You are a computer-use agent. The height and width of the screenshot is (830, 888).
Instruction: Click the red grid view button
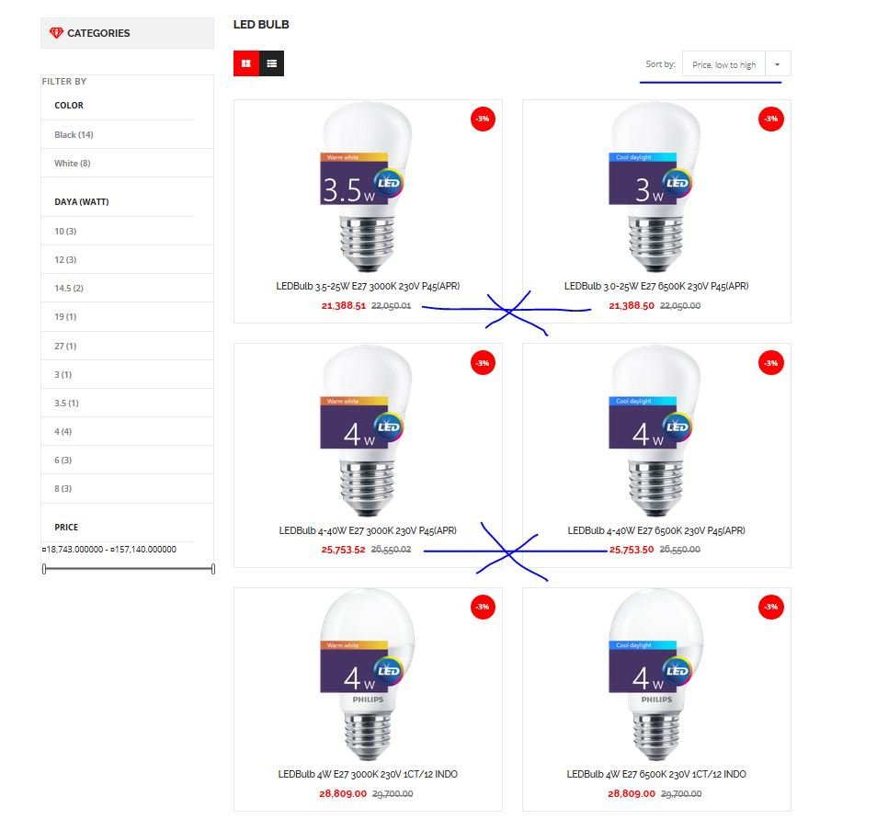point(246,63)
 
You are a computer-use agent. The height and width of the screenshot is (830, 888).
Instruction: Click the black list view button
point(272,63)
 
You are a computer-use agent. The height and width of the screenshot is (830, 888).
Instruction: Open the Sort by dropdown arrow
point(778,64)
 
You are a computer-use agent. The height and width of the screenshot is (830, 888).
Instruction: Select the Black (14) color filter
point(74,135)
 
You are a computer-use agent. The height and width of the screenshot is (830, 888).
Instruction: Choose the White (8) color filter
point(73,163)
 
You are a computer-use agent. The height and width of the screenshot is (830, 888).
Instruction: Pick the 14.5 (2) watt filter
point(69,289)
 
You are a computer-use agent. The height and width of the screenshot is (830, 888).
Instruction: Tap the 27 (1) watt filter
point(65,346)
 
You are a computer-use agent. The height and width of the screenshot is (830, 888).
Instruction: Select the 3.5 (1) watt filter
point(66,404)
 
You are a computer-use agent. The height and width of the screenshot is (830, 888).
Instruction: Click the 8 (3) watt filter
point(63,489)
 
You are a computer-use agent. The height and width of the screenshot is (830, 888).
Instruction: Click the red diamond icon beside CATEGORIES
point(56,33)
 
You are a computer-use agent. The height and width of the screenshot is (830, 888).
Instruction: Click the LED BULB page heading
point(261,24)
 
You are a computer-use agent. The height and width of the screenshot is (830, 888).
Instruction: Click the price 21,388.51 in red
point(344,306)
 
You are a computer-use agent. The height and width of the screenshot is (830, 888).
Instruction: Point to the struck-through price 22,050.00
point(680,306)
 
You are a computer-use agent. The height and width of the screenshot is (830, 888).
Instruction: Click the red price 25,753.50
point(632,549)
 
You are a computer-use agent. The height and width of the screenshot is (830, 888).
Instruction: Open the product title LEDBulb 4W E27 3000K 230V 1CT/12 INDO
point(368,774)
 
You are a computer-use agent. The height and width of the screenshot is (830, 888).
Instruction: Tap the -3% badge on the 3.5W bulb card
point(483,119)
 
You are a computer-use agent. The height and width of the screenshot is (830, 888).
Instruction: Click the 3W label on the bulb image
point(649,189)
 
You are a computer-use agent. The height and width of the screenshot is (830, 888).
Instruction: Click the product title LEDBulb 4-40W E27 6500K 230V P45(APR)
point(656,530)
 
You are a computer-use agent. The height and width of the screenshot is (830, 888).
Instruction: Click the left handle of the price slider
point(44,569)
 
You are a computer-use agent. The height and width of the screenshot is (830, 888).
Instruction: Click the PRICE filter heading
point(66,527)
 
